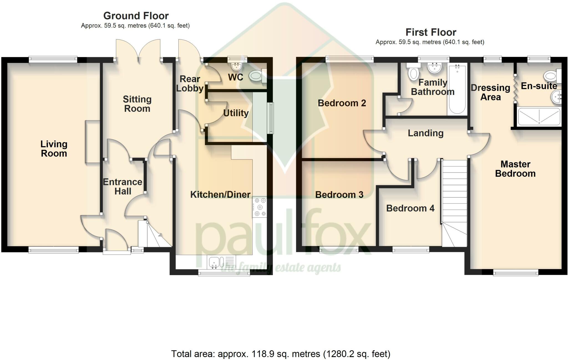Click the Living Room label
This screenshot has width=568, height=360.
pyautogui.click(x=54, y=149)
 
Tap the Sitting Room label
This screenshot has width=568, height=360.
pyautogui.click(x=137, y=104)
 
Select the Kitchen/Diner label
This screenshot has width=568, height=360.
pyautogui.click(x=220, y=194)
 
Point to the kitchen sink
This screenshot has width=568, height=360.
pyautogui.click(x=221, y=262)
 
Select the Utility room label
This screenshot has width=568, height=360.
pyautogui.click(x=236, y=113)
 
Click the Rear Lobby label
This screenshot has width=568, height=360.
pyautogui.click(x=190, y=83)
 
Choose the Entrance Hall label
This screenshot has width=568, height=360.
pyautogui.click(x=123, y=186)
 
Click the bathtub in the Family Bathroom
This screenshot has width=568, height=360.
pyautogui.click(x=457, y=88)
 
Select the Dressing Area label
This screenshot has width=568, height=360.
pyautogui.click(x=490, y=92)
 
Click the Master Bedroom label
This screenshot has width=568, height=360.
pyautogui.click(x=515, y=169)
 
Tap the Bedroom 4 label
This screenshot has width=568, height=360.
pyautogui.click(x=410, y=208)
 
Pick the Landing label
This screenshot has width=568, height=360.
pyautogui.click(x=425, y=133)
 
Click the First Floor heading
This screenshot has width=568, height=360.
pyautogui.click(x=431, y=32)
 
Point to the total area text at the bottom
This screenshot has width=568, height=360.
pyautogui.click(x=281, y=354)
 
